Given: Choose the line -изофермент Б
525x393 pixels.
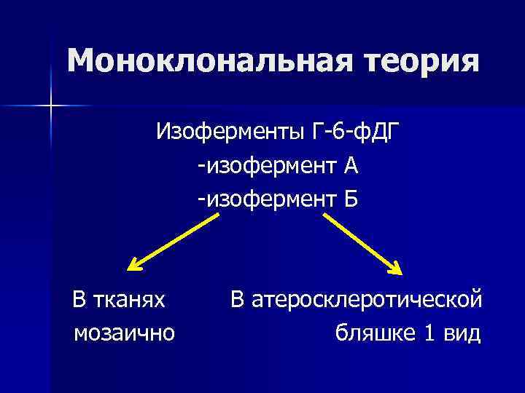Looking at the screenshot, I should (x=276, y=199).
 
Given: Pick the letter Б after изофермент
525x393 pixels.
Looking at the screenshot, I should (x=351, y=199).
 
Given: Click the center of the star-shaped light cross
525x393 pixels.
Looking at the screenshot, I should (x=51, y=106).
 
